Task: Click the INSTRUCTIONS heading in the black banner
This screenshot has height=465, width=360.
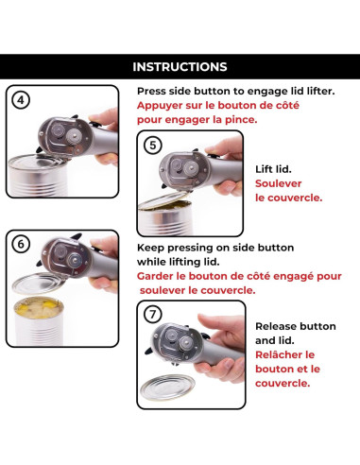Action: (x=180, y=67)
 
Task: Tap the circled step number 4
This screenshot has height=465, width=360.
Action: (x=21, y=100)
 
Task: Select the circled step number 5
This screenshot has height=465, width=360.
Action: (x=152, y=146)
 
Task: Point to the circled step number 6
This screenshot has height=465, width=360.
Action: (x=21, y=244)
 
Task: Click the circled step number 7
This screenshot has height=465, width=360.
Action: (x=152, y=314)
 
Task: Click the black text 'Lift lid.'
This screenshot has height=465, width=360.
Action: (x=273, y=169)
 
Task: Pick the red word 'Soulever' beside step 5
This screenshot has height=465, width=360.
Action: (x=278, y=183)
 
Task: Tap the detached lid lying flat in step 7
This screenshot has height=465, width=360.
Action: (x=167, y=387)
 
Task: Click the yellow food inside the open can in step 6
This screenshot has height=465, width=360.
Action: (x=39, y=307)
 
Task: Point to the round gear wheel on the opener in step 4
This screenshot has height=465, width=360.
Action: (x=75, y=136)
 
